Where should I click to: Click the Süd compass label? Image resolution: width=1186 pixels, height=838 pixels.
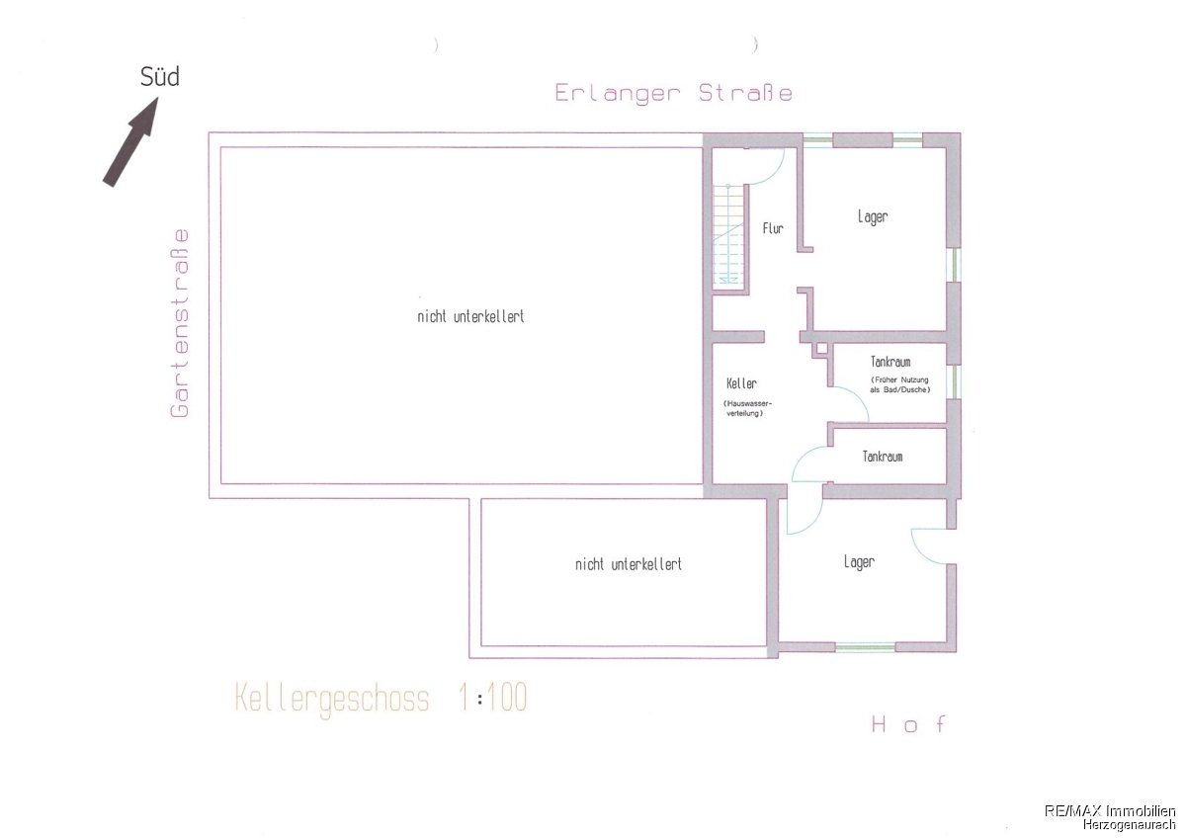(x=160, y=77)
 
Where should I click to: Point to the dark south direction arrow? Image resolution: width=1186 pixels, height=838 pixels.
(x=130, y=141)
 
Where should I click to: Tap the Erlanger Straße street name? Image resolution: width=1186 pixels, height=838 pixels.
(x=673, y=93)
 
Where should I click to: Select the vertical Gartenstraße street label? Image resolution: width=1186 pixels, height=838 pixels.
(x=180, y=323)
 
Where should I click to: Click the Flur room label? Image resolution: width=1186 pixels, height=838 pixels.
(x=773, y=228)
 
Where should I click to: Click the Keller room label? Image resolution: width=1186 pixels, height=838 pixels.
(x=741, y=383)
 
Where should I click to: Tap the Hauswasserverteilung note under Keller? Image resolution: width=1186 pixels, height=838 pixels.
(x=747, y=408)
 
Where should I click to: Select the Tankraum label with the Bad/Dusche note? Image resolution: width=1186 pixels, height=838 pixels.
(x=890, y=362)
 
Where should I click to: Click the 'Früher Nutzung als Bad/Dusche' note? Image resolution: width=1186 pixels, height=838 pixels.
(x=899, y=384)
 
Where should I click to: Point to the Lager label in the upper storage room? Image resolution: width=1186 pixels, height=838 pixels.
(x=873, y=216)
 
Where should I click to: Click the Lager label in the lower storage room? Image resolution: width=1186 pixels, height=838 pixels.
(x=859, y=561)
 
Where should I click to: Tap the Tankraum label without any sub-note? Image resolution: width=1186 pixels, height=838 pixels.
(x=883, y=457)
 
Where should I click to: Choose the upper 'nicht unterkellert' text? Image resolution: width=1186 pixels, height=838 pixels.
(x=470, y=316)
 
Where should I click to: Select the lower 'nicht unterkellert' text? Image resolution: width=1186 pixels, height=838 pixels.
(x=629, y=564)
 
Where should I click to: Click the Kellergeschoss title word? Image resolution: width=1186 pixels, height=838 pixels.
(x=331, y=700)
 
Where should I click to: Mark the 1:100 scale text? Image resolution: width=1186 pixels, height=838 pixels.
(x=493, y=698)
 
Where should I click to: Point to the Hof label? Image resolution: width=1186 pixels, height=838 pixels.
(x=908, y=723)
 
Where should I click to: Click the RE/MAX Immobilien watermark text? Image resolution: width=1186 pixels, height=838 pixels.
(x=1110, y=810)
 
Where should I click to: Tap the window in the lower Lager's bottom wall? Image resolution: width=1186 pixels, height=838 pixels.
(x=865, y=646)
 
